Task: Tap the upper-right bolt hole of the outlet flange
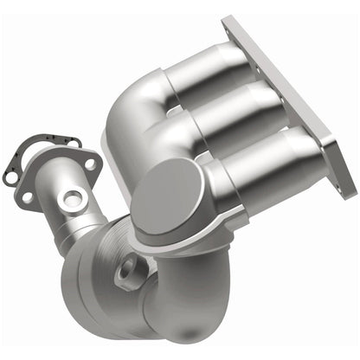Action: point(88,161)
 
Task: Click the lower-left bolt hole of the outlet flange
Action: point(25,197)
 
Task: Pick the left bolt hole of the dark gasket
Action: point(11,177)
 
